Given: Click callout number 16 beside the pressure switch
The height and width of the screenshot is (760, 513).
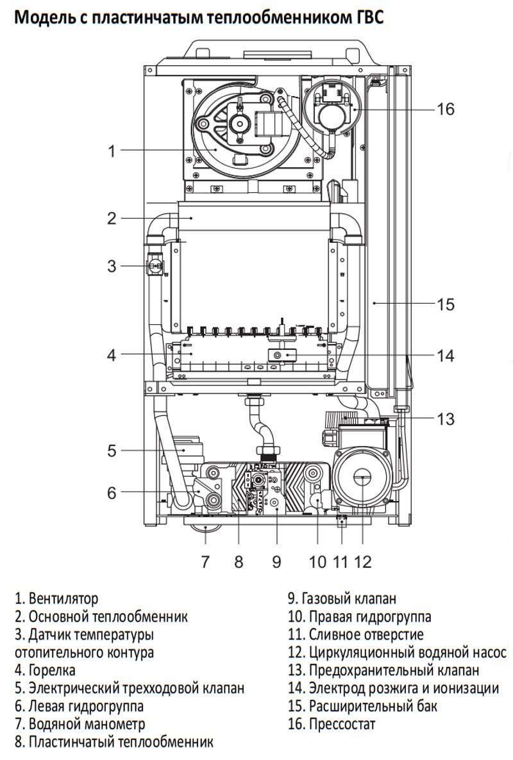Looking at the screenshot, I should point(445,109).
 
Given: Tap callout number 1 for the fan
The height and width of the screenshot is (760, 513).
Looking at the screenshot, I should point(112,151).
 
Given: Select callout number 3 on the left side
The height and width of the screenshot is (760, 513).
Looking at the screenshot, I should point(112,266).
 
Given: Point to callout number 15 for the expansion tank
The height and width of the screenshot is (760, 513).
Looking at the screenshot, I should point(445,303).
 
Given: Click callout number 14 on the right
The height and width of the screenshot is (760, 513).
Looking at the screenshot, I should point(445,355).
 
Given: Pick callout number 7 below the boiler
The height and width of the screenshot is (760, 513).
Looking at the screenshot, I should point(205,562).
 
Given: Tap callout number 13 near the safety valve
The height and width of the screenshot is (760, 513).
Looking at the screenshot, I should point(445,419).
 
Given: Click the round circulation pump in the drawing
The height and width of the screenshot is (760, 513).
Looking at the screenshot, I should point(362,477).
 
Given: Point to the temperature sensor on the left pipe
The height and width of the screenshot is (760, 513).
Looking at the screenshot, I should point(154,264).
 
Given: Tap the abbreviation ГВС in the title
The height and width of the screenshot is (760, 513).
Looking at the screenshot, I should point(369,17).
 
